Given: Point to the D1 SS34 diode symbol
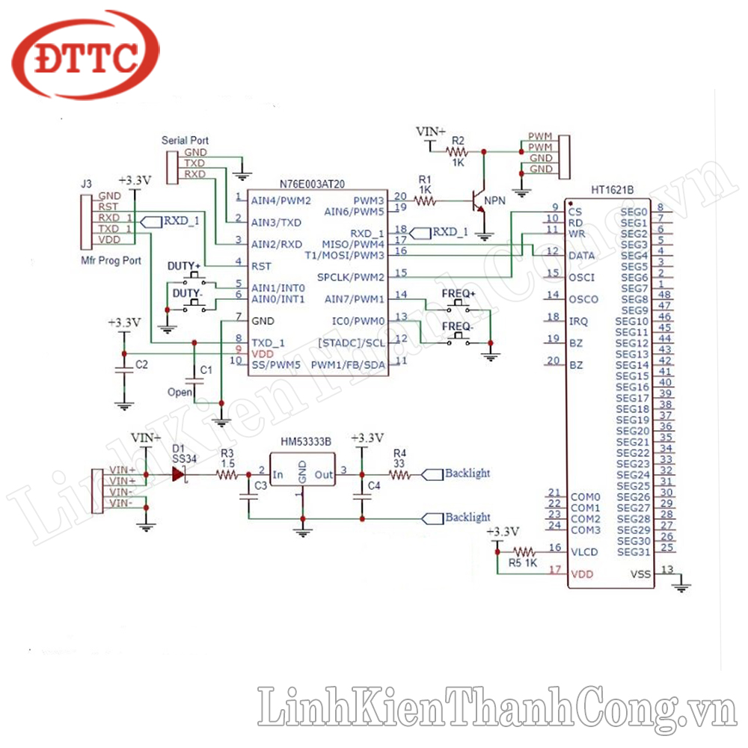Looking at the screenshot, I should [179, 474].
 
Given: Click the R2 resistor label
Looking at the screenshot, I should [459, 141].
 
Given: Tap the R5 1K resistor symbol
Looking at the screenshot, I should [523, 550].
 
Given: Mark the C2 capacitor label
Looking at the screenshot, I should [141, 365].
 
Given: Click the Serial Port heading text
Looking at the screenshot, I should [186, 141].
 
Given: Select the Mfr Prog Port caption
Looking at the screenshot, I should [110, 260].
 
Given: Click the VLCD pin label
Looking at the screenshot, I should [584, 552].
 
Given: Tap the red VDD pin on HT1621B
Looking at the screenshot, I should [583, 574].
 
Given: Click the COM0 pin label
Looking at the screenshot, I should [585, 497].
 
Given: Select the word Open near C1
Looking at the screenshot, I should [180, 392].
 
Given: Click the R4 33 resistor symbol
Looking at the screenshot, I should [400, 474].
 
